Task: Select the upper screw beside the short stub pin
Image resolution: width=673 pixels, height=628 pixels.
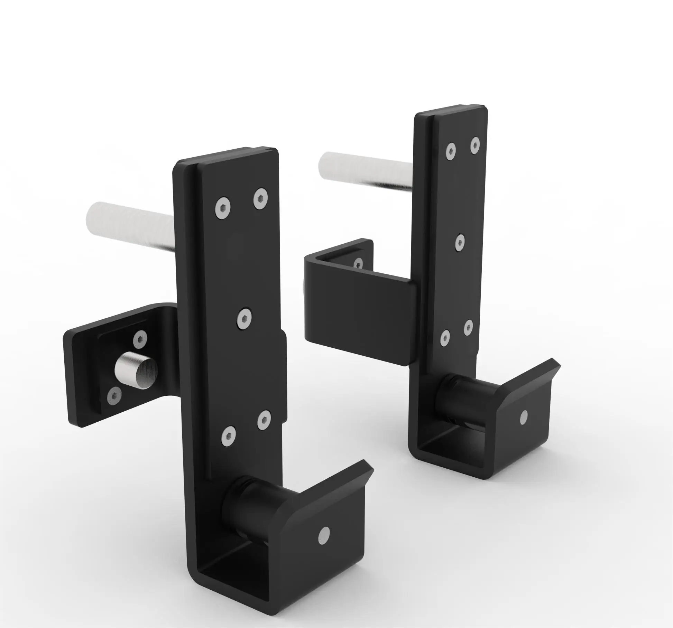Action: pyautogui.click(x=140, y=339)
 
